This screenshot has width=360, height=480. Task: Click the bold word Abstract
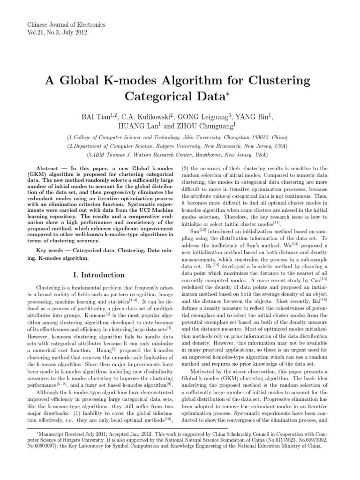pos(48,168)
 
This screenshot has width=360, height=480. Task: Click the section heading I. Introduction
pos(97,275)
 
